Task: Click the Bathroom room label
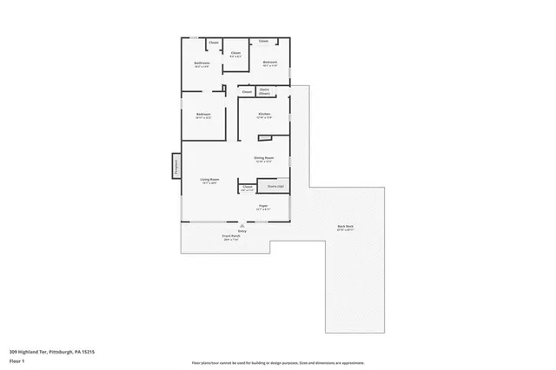[x=202, y=62]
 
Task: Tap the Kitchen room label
[x=264, y=115]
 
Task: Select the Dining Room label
[x=263, y=157]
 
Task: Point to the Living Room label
[x=209, y=180]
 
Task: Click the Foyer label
[x=263, y=206]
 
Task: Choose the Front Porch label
[x=230, y=236]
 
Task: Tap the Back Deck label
[x=345, y=227]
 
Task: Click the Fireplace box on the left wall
[x=175, y=165]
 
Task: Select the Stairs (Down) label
[x=264, y=90]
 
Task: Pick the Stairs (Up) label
[x=275, y=186]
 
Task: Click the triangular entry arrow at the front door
[x=242, y=225]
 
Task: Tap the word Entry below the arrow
[x=242, y=230]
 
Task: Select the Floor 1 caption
[x=18, y=360]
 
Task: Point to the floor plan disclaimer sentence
[x=277, y=363]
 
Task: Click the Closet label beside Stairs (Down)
[x=247, y=91]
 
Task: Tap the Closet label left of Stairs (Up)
[x=247, y=186]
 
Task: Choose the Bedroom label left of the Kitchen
[x=203, y=115]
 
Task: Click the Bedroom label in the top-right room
[x=270, y=62]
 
